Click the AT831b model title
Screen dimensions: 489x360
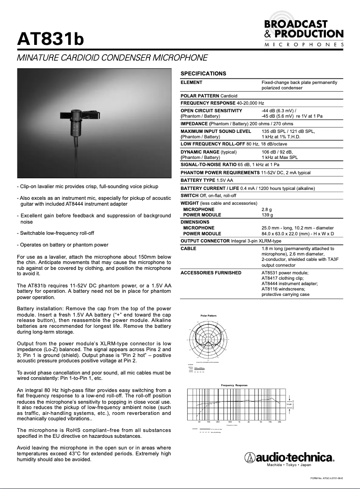click(50, 39)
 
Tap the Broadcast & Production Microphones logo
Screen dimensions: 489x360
click(304, 33)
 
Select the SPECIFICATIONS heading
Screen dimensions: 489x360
click(203, 73)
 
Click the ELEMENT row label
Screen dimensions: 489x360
click(191, 83)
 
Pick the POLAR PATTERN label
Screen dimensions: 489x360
click(199, 96)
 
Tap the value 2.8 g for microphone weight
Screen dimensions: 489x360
click(267, 209)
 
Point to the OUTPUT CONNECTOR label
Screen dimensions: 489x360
click(205, 241)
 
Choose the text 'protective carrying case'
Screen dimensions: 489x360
click(285, 295)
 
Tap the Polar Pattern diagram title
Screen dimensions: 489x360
click(208, 316)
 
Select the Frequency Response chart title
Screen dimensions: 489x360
click(234, 385)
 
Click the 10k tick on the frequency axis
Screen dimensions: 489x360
click(270, 422)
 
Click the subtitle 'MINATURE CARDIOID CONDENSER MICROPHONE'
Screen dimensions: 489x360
click(112, 58)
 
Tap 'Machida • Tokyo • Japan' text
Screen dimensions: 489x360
click(289, 465)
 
